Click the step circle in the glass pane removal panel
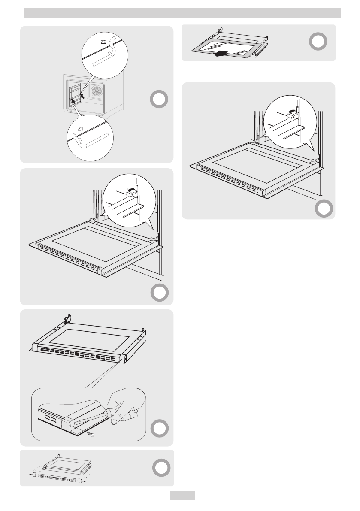[318, 42]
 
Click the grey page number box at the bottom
[182, 496]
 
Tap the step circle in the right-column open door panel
[325, 209]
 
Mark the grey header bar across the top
[182, 12]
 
